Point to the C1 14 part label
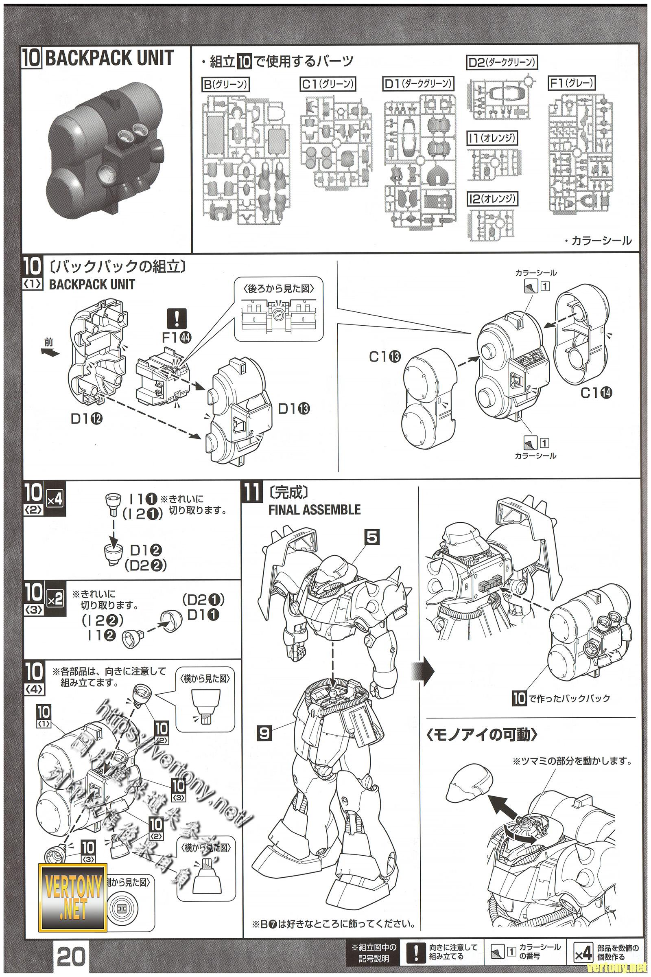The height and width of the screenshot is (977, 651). click(596, 392)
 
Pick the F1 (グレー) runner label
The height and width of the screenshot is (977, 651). click(571, 83)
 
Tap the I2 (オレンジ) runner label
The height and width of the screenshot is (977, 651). click(493, 199)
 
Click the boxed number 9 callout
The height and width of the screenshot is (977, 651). click(264, 733)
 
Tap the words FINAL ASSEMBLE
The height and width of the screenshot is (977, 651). click(314, 510)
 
